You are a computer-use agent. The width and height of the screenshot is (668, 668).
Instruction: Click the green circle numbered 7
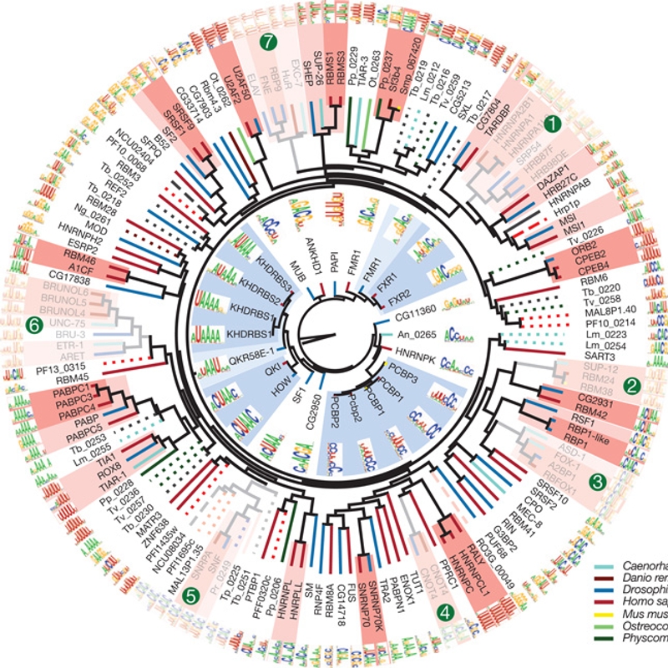click(x=269, y=41)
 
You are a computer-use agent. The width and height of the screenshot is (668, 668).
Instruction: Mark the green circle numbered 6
click(x=34, y=323)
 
